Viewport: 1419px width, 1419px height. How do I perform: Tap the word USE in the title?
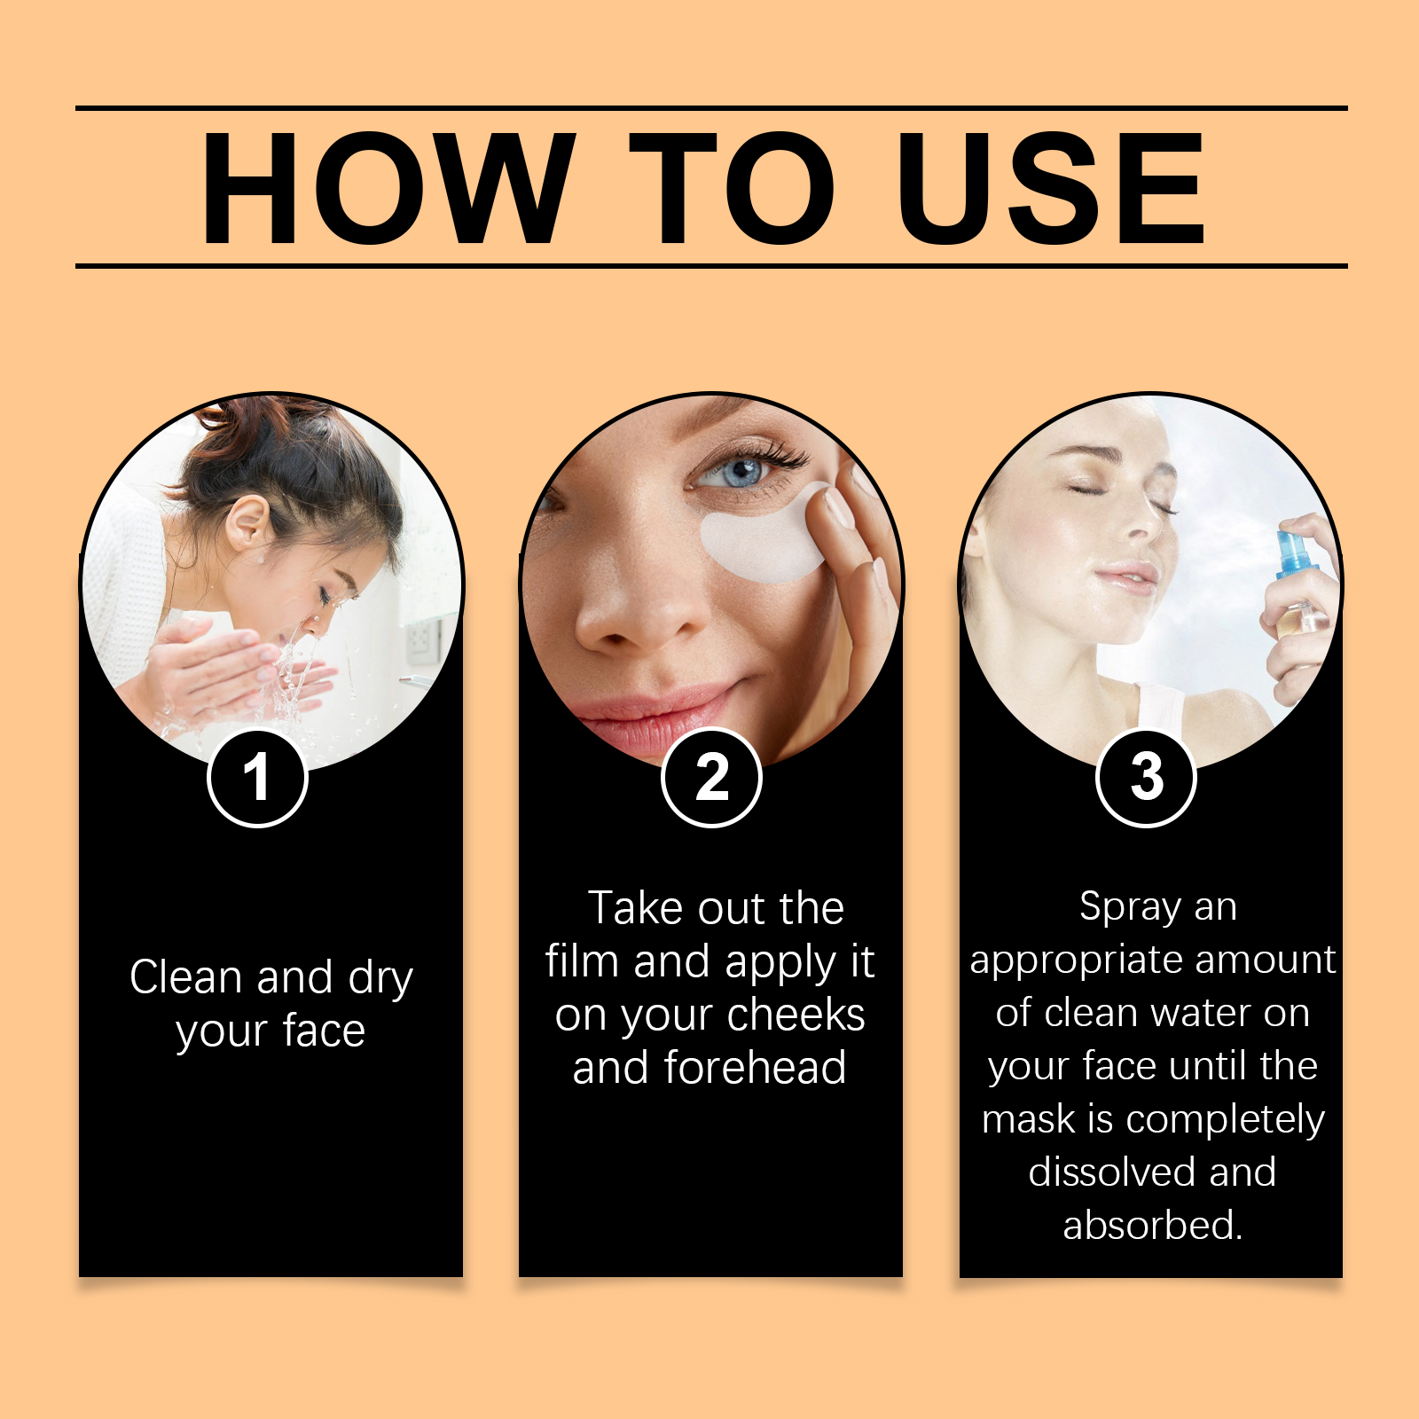pos(1051,187)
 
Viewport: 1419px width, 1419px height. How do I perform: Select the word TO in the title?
pos(732,187)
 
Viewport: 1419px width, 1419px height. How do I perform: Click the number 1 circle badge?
pos(257,778)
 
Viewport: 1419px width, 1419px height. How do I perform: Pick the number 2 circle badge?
pos(711,778)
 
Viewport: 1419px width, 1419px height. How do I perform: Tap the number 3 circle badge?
pos(1146,778)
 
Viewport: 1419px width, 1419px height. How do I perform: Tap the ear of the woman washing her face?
pos(247,523)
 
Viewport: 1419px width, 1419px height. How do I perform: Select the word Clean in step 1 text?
pos(185,977)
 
